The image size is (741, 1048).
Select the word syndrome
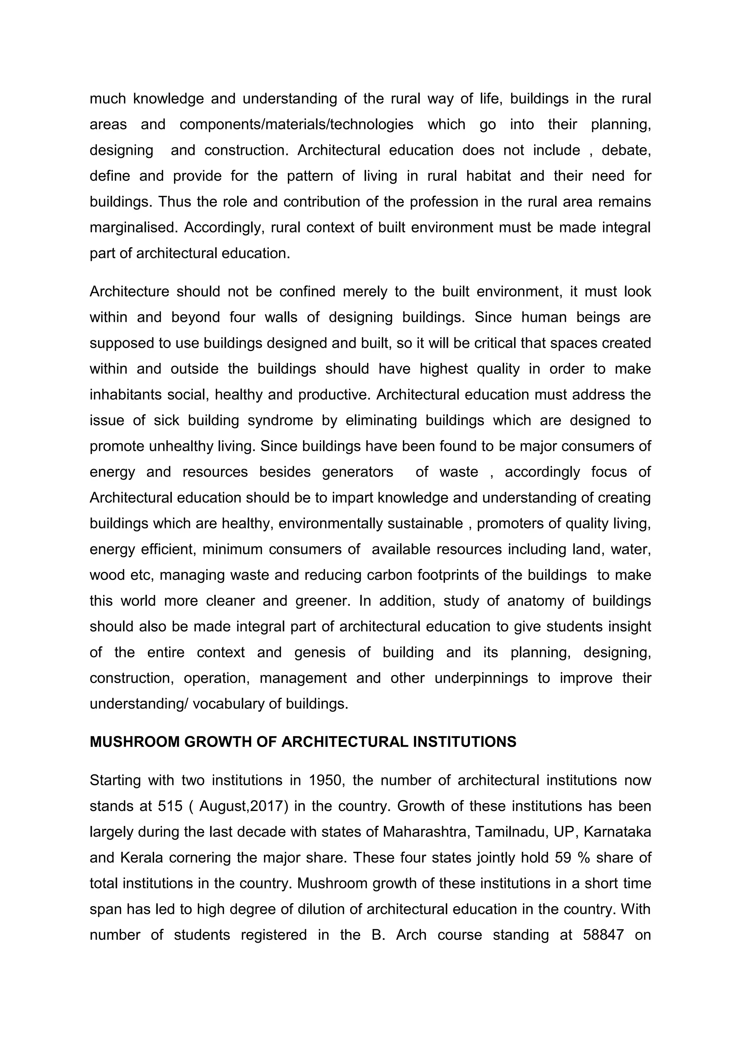click(x=280, y=421)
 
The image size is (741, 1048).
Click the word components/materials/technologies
click(x=297, y=124)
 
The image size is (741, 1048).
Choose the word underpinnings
click(x=481, y=678)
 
